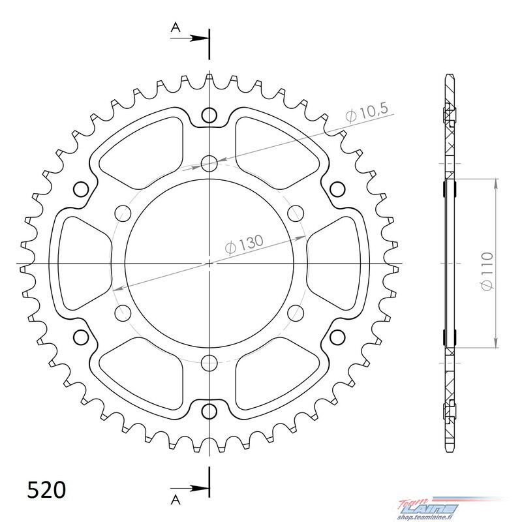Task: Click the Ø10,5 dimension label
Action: (x=367, y=112)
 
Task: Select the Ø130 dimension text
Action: (x=244, y=244)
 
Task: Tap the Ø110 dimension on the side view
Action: (x=486, y=271)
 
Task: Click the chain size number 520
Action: (x=46, y=491)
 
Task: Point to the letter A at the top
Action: (x=176, y=27)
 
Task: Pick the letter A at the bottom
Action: (x=176, y=500)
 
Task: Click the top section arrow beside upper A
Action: (x=189, y=38)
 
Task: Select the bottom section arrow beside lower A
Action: (x=189, y=489)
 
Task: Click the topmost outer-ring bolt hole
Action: (x=209, y=115)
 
